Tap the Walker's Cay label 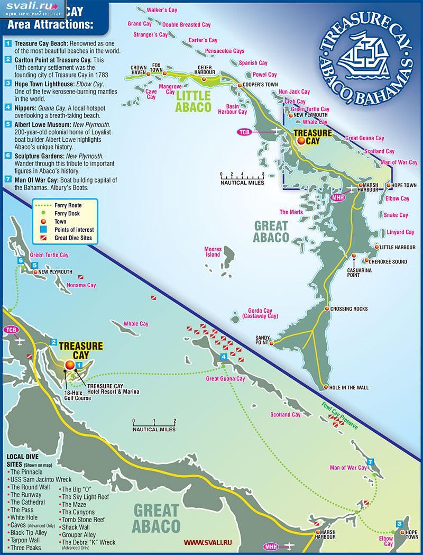[x=146, y=10]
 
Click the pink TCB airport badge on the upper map [x=244, y=131]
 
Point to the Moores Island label [x=213, y=251]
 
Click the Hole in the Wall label [x=348, y=387]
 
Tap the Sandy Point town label [x=263, y=339]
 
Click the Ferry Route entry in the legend [x=68, y=204]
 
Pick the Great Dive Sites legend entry [x=73, y=238]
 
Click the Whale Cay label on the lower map [x=136, y=324]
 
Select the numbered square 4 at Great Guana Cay [x=224, y=357]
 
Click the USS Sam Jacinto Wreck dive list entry [x=38, y=479]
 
